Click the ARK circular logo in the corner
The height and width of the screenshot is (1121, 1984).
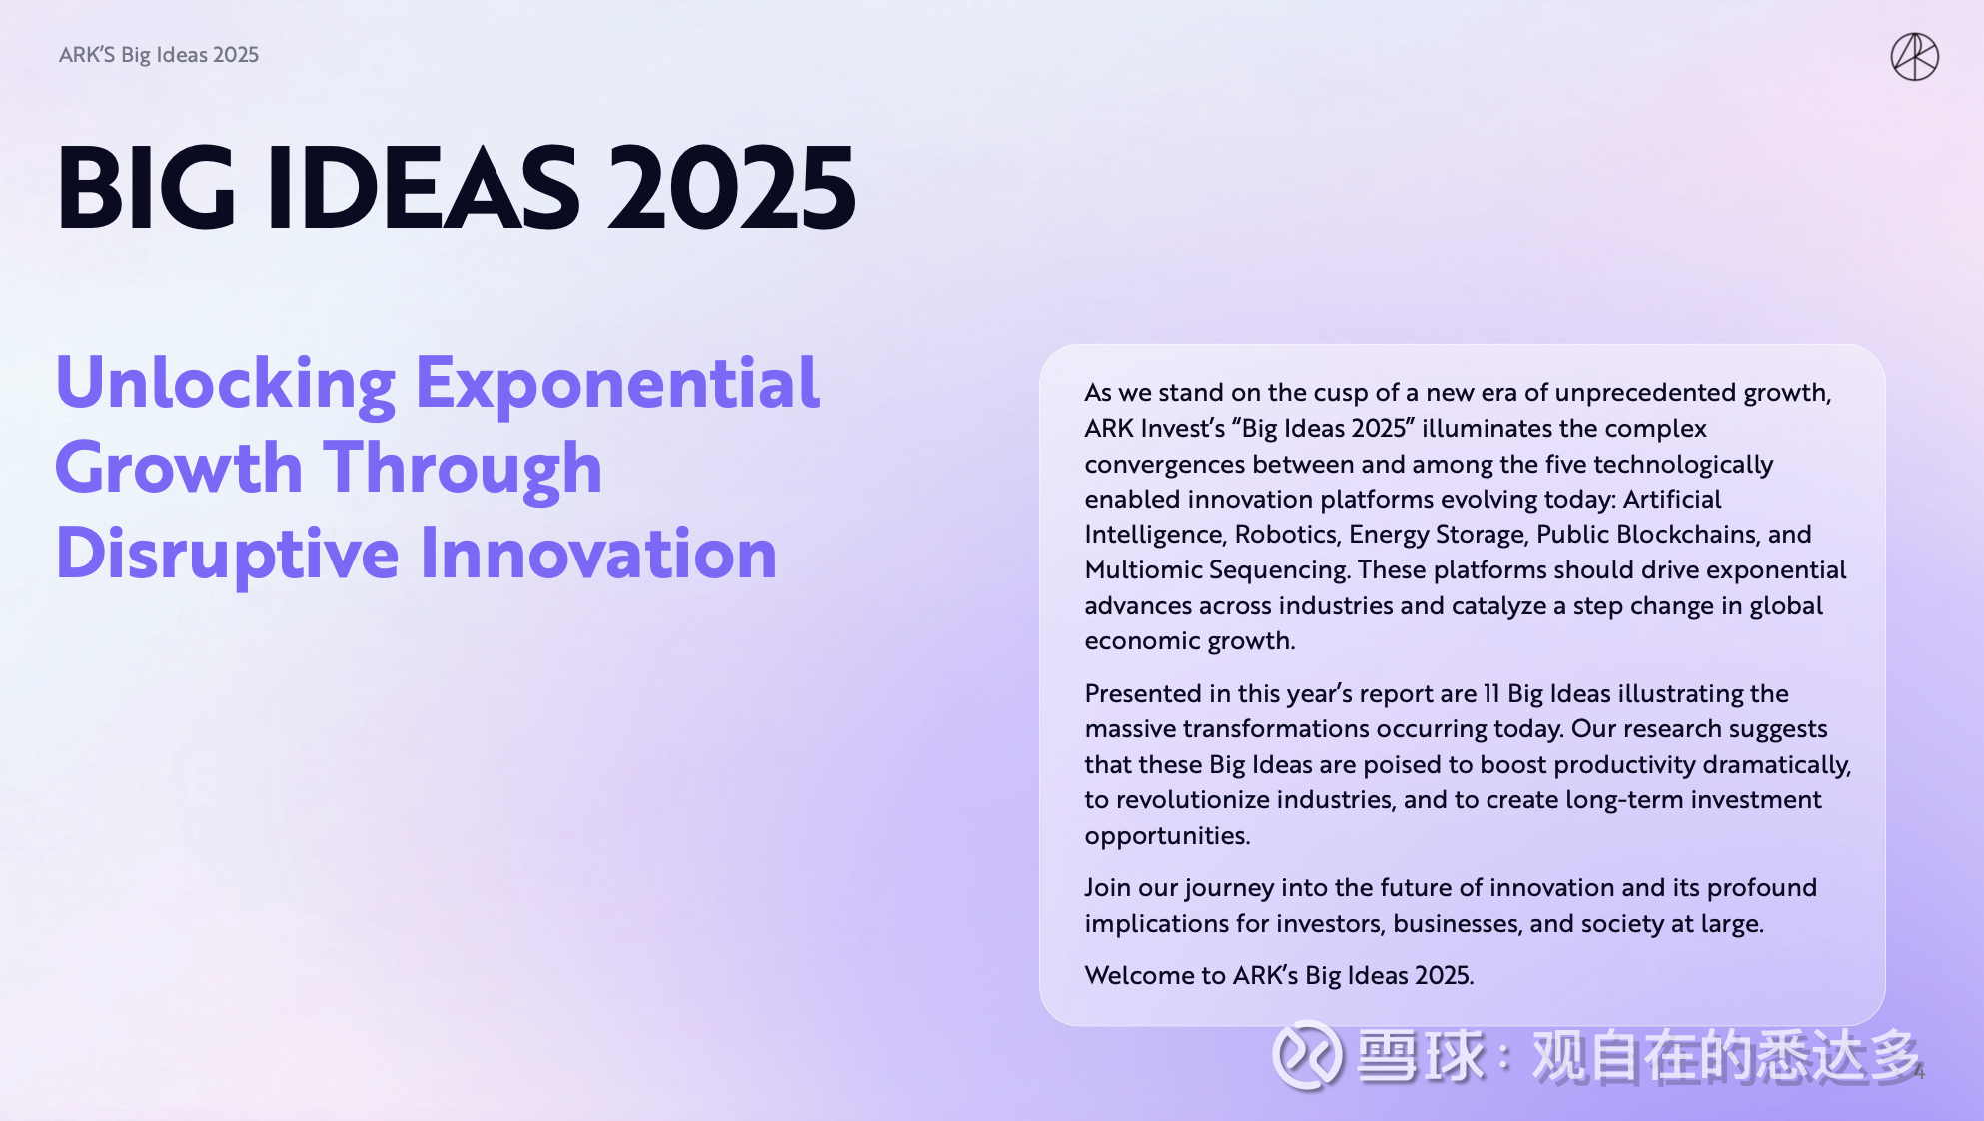(x=1914, y=56)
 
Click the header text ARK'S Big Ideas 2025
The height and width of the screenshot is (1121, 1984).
(x=159, y=55)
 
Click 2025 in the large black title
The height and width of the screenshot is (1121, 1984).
(x=731, y=188)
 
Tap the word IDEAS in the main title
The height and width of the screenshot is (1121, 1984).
(x=423, y=188)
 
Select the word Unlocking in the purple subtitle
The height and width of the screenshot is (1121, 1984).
(x=226, y=383)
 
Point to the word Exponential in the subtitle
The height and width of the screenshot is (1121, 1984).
(x=617, y=383)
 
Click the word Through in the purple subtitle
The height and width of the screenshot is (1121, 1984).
(x=463, y=468)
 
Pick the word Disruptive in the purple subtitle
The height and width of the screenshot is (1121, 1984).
(x=228, y=554)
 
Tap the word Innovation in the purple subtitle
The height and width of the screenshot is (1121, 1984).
(x=597, y=554)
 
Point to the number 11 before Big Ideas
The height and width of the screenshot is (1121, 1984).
(x=1491, y=693)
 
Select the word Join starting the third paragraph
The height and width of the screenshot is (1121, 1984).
(x=1108, y=887)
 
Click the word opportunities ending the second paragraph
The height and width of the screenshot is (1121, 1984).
(x=1166, y=835)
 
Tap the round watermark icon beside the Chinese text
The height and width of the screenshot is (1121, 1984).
(x=1306, y=1055)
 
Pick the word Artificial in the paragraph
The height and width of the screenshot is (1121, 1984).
(x=1672, y=499)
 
